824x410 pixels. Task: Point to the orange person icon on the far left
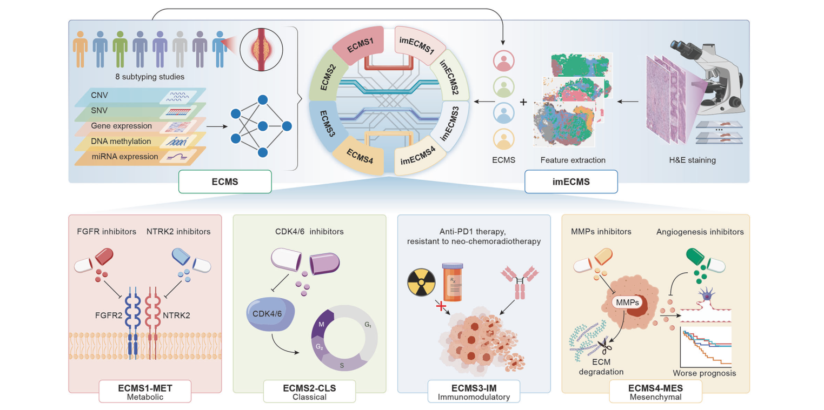tap(81, 48)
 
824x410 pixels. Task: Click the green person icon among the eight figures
tap(120, 48)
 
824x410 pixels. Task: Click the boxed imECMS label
tap(571, 182)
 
